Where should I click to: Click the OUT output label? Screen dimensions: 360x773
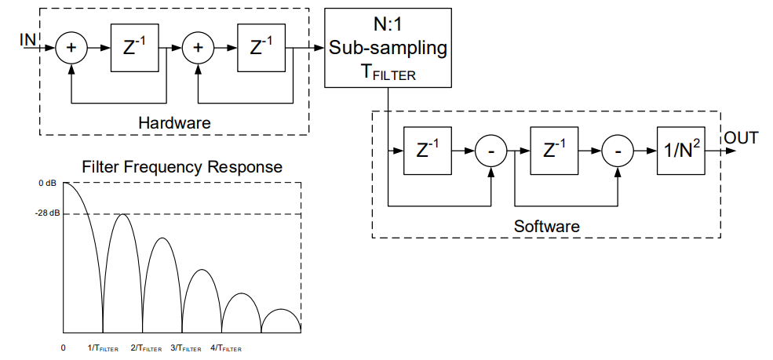(741, 139)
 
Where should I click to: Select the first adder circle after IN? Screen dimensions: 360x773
(71, 48)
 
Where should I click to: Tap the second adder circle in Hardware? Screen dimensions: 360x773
(198, 48)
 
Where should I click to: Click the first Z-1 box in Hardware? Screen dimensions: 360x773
(134, 48)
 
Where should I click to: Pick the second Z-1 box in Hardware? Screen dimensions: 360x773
(261, 48)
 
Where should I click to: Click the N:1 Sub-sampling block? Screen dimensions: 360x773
(388, 48)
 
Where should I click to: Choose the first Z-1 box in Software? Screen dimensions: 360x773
(428, 150)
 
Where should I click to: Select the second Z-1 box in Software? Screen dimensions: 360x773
(554, 150)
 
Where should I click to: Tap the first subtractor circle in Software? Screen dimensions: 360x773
(491, 150)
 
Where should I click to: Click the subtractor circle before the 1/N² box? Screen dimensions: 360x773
(618, 150)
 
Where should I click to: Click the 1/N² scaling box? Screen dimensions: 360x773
(680, 150)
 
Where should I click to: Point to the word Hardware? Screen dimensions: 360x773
(174, 123)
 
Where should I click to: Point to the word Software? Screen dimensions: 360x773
(546, 226)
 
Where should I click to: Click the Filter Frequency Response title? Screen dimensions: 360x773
(182, 167)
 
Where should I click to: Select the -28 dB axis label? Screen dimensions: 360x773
(46, 214)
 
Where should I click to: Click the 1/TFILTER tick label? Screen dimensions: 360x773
(102, 347)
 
